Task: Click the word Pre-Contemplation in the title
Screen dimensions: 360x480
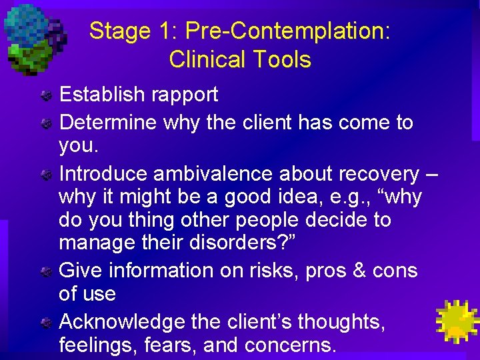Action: (x=287, y=31)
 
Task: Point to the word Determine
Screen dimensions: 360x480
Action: (x=107, y=123)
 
